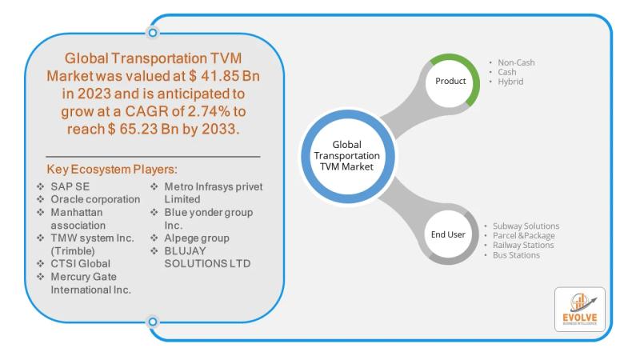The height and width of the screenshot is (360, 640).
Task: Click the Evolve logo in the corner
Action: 579,310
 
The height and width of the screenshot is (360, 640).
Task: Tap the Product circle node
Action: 450,81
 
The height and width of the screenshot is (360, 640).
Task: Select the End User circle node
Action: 448,234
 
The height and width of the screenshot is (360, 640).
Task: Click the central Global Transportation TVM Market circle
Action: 347,156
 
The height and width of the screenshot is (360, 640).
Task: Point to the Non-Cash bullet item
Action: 516,62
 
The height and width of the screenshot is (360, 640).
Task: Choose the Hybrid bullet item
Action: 510,82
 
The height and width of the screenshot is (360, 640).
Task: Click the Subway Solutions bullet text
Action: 526,226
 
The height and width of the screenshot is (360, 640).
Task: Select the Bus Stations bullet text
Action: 516,255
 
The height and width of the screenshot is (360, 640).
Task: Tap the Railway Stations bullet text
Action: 523,245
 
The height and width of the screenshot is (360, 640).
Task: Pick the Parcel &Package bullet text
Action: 524,235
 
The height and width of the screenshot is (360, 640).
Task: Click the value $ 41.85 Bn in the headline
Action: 224,76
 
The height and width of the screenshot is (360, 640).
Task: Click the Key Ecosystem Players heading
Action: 112,169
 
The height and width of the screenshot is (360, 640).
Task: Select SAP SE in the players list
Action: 70,186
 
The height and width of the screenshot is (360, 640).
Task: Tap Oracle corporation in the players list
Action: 95,199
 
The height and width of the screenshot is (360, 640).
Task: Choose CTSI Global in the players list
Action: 81,264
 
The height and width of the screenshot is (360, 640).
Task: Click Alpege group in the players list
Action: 197,238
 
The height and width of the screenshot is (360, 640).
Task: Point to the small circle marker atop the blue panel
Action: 153,33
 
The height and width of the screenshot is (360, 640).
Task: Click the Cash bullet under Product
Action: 506,72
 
